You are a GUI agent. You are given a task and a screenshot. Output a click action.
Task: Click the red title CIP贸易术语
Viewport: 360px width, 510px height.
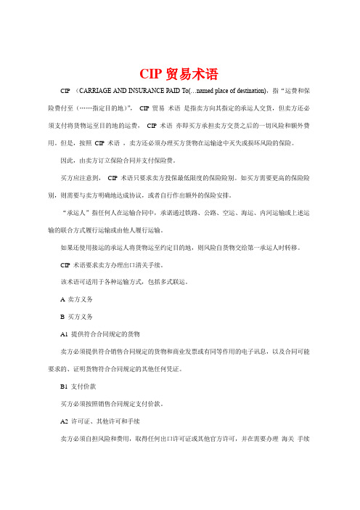(x=179, y=73)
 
